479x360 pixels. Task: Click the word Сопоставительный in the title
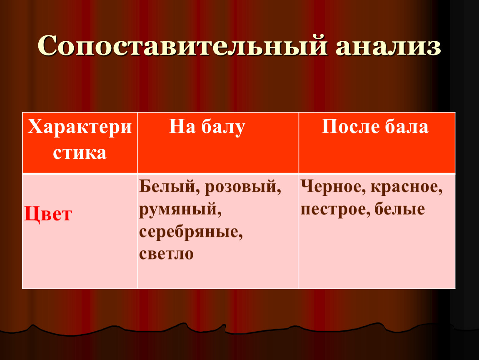183,46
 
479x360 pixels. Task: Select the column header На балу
207,127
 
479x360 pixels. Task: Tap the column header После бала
375,126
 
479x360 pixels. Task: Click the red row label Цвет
48,214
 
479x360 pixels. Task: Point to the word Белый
169,186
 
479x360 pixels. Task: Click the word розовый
242,187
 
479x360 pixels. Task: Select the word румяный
180,210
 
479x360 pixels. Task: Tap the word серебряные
191,232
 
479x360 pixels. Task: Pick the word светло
167,254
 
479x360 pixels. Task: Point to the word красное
407,187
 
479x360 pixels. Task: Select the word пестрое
335,210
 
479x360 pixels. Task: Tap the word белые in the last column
399,209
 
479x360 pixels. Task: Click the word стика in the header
80,153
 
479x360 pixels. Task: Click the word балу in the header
223,127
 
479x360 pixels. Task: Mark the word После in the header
350,126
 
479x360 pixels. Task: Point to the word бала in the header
407,127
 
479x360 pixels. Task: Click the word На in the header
182,126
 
